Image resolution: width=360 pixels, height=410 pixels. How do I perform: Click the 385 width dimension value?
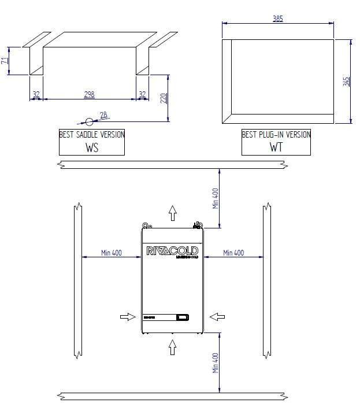[278, 19]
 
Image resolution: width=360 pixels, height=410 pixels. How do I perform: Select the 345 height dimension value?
[346, 81]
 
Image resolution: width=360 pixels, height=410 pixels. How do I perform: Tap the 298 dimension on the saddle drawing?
[89, 94]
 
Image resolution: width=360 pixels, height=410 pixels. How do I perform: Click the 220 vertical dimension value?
[164, 98]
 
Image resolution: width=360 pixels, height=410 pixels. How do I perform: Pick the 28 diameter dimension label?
[103, 116]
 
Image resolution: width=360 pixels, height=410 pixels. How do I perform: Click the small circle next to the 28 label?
[90, 122]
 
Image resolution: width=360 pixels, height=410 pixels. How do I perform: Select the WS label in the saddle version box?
[92, 147]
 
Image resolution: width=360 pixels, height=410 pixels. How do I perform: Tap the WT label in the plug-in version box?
[276, 147]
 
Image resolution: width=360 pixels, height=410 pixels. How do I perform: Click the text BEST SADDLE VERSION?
[92, 135]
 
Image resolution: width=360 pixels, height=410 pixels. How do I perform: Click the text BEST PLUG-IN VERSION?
[276, 135]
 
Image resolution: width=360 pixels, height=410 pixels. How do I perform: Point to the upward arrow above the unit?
[172, 213]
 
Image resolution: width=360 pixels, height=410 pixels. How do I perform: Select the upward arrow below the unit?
[172, 347]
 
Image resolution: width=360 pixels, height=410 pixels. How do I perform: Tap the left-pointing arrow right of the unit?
[217, 316]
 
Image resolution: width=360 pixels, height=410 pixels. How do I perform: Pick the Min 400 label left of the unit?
[111, 253]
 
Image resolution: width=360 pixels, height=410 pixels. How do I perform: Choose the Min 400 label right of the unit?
[233, 253]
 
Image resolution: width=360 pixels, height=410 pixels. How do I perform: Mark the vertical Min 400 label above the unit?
[216, 198]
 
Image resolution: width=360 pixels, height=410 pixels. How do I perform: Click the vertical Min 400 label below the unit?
[216, 363]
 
